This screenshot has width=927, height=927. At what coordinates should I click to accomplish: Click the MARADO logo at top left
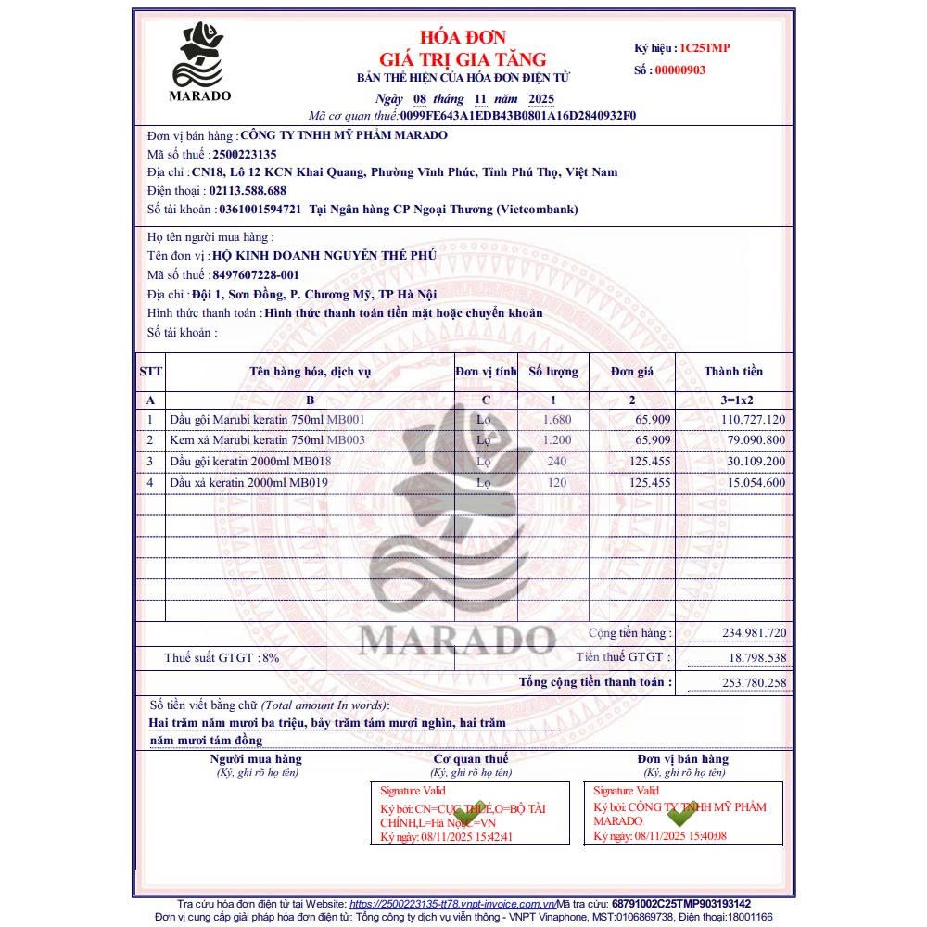[x=200, y=61]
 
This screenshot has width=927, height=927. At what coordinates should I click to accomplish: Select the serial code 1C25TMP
[x=705, y=47]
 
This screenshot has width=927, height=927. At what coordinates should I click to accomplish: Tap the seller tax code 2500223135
[x=245, y=154]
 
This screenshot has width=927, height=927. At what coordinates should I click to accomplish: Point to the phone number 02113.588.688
[x=248, y=191]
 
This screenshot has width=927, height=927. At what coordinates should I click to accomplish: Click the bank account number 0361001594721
[x=260, y=210]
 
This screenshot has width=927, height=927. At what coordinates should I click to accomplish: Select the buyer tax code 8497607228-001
[x=256, y=275]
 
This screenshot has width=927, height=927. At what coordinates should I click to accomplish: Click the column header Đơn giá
[x=632, y=372]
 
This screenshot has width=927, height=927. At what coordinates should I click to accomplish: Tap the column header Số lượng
[x=552, y=372]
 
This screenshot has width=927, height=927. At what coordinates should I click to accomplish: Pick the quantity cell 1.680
[x=557, y=419]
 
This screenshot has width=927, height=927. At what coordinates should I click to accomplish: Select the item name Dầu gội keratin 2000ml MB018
[x=250, y=461]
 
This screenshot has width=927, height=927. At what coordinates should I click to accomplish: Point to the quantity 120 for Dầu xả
[x=557, y=482]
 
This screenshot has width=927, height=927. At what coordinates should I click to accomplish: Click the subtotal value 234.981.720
[x=754, y=633]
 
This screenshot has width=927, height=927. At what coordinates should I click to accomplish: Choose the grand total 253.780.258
[x=754, y=683]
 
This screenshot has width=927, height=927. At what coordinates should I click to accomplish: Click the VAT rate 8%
[x=270, y=657]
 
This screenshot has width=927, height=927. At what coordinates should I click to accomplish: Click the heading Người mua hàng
[x=256, y=759]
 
